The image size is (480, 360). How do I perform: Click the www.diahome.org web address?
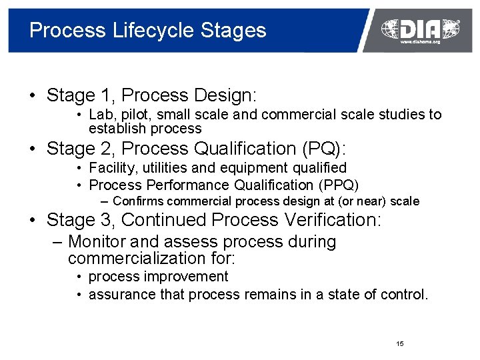point(420,41)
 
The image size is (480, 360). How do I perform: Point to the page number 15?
point(399,344)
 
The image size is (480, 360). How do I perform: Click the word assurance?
point(121,294)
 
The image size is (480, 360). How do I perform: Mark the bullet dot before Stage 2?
point(33,149)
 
